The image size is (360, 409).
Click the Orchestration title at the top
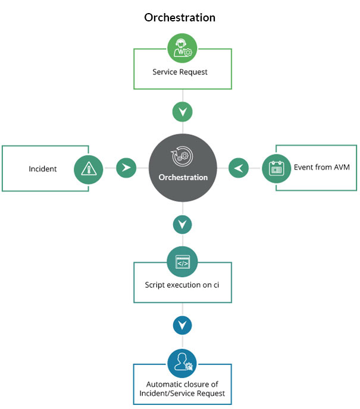(180, 18)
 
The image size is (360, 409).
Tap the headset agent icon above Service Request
(182, 48)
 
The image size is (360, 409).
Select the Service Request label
(180, 72)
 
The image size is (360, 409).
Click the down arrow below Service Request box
(183, 112)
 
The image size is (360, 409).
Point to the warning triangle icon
(89, 169)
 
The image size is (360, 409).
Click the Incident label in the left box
(43, 169)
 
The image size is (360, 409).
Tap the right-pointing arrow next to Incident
(126, 168)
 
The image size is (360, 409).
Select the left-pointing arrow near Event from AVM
(239, 168)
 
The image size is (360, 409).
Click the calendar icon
(277, 168)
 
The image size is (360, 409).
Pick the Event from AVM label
(322, 167)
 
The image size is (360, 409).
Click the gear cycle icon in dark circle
(182, 156)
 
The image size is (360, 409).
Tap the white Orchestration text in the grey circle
(183, 177)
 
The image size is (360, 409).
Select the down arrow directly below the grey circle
(182, 225)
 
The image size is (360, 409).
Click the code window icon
(182, 262)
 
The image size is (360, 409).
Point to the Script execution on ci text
(181, 285)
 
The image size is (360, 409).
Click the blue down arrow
(182, 325)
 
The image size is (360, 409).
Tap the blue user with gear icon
(182, 363)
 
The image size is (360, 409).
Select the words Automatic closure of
(182, 384)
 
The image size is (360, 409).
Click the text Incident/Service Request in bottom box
(182, 394)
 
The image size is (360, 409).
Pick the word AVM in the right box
(342, 167)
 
